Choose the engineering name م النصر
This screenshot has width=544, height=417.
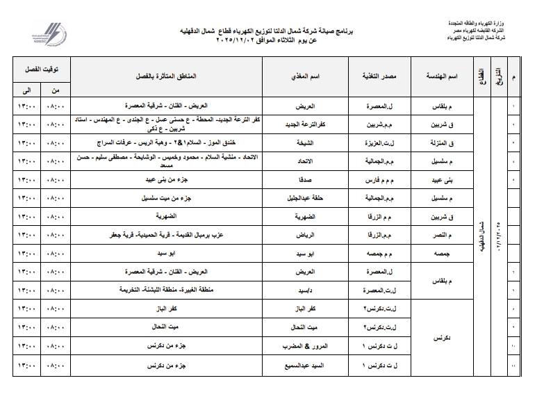point(443,235)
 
